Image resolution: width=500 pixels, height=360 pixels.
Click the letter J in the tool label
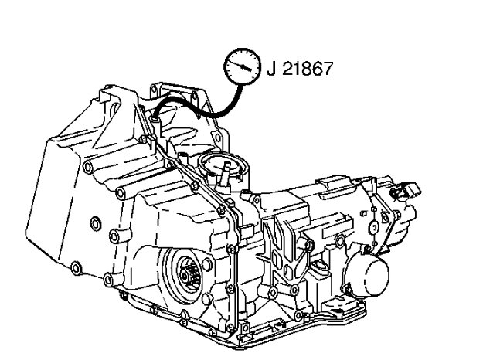tap(271, 68)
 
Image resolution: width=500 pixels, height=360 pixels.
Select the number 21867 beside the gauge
tap(308, 68)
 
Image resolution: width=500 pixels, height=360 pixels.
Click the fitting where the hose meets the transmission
tap(155, 121)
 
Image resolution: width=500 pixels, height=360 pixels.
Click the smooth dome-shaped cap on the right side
tap(370, 273)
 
